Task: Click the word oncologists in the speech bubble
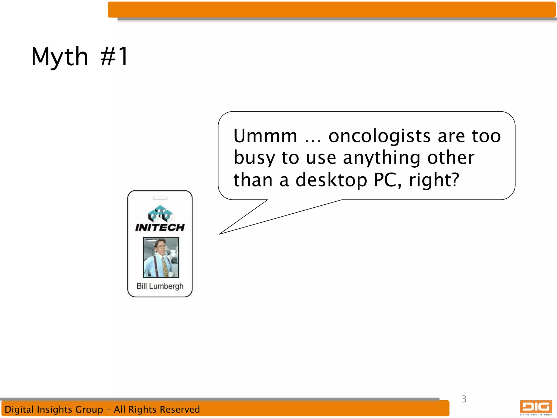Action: pyautogui.click(x=379, y=136)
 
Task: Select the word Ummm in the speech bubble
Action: pyautogui.click(x=265, y=136)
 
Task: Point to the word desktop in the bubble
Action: pyautogui.click(x=331, y=180)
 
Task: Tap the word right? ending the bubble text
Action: pyautogui.click(x=434, y=180)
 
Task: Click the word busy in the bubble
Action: pyautogui.click(x=254, y=158)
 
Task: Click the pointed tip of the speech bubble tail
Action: pyautogui.click(x=220, y=234)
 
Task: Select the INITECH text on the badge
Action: pyautogui.click(x=160, y=228)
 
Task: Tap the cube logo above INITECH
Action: pyautogui.click(x=160, y=214)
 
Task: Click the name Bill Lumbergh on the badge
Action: pyautogui.click(x=160, y=286)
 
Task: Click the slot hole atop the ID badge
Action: pyautogui.click(x=160, y=198)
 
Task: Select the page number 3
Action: pyautogui.click(x=464, y=399)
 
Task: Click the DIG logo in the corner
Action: pyautogui.click(x=536, y=407)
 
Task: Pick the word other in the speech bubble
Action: pyautogui.click(x=451, y=158)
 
